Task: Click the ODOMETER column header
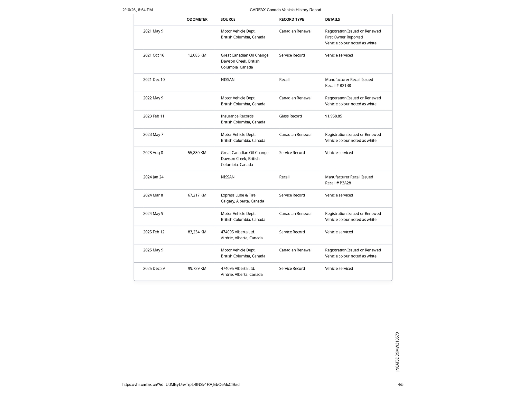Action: (197, 19)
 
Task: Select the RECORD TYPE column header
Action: (292, 19)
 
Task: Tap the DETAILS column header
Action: (332, 19)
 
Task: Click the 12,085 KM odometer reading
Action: (197, 55)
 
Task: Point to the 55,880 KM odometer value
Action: (197, 153)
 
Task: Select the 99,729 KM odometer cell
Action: (197, 269)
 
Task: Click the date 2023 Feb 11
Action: (154, 116)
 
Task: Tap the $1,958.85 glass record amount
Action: (333, 116)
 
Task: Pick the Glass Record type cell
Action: (290, 116)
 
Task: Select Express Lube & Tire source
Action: (238, 195)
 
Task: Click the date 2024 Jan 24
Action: (153, 177)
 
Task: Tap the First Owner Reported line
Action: (344, 37)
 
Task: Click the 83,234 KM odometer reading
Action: (197, 232)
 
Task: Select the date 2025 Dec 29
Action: (154, 269)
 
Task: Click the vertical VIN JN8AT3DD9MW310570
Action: (397, 352)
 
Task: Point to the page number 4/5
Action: (400, 385)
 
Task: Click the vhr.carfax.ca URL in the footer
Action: (181, 385)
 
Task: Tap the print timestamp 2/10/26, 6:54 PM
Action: (137, 10)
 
